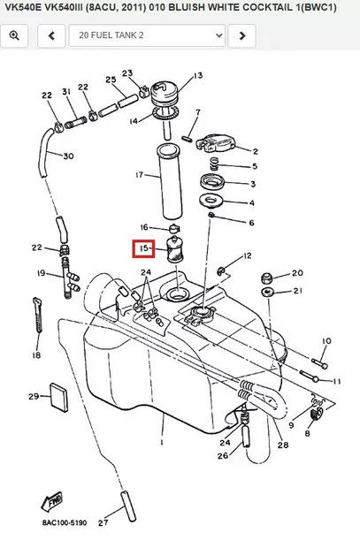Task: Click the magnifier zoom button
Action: pos(16,36)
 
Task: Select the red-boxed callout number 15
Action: pos(142,250)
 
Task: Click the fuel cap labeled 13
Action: pos(165,92)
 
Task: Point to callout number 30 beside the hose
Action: pos(68,156)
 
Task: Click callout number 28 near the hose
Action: pos(282,446)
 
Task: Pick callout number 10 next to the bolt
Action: pos(326,340)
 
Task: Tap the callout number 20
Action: pos(297,273)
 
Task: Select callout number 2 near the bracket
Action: pos(256,151)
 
